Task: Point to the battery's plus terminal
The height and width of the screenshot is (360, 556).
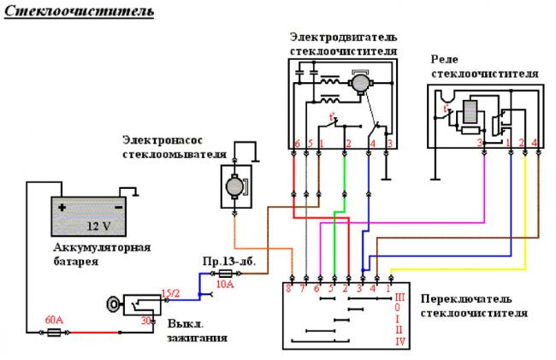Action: click(x=62, y=206)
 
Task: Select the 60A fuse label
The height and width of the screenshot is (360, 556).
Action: click(x=54, y=320)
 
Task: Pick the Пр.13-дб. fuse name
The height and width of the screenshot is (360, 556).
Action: click(x=225, y=259)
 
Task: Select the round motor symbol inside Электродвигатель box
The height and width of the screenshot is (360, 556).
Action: click(x=360, y=83)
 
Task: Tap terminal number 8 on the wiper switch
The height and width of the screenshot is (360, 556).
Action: click(x=289, y=289)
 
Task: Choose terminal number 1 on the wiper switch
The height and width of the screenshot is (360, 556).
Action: click(x=387, y=289)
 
